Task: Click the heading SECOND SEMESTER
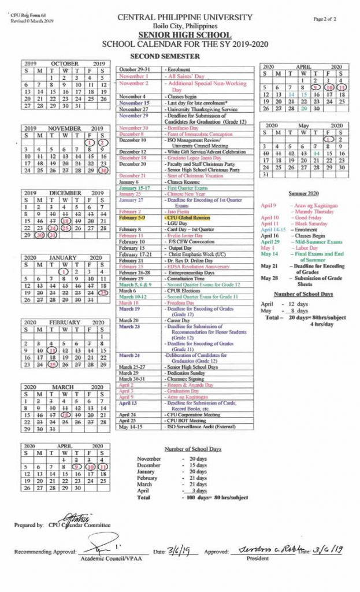[165, 56]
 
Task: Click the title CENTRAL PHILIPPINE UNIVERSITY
[180, 18]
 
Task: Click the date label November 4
[132, 96]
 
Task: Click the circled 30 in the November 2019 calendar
[103, 170]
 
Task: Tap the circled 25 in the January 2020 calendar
[103, 293]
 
